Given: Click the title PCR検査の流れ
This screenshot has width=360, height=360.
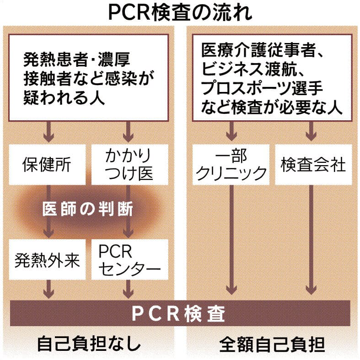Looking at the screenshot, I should (180, 12).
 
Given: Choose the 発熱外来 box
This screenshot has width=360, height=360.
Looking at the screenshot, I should (47, 260).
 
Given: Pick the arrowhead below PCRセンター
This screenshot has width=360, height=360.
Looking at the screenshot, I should (129, 291).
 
